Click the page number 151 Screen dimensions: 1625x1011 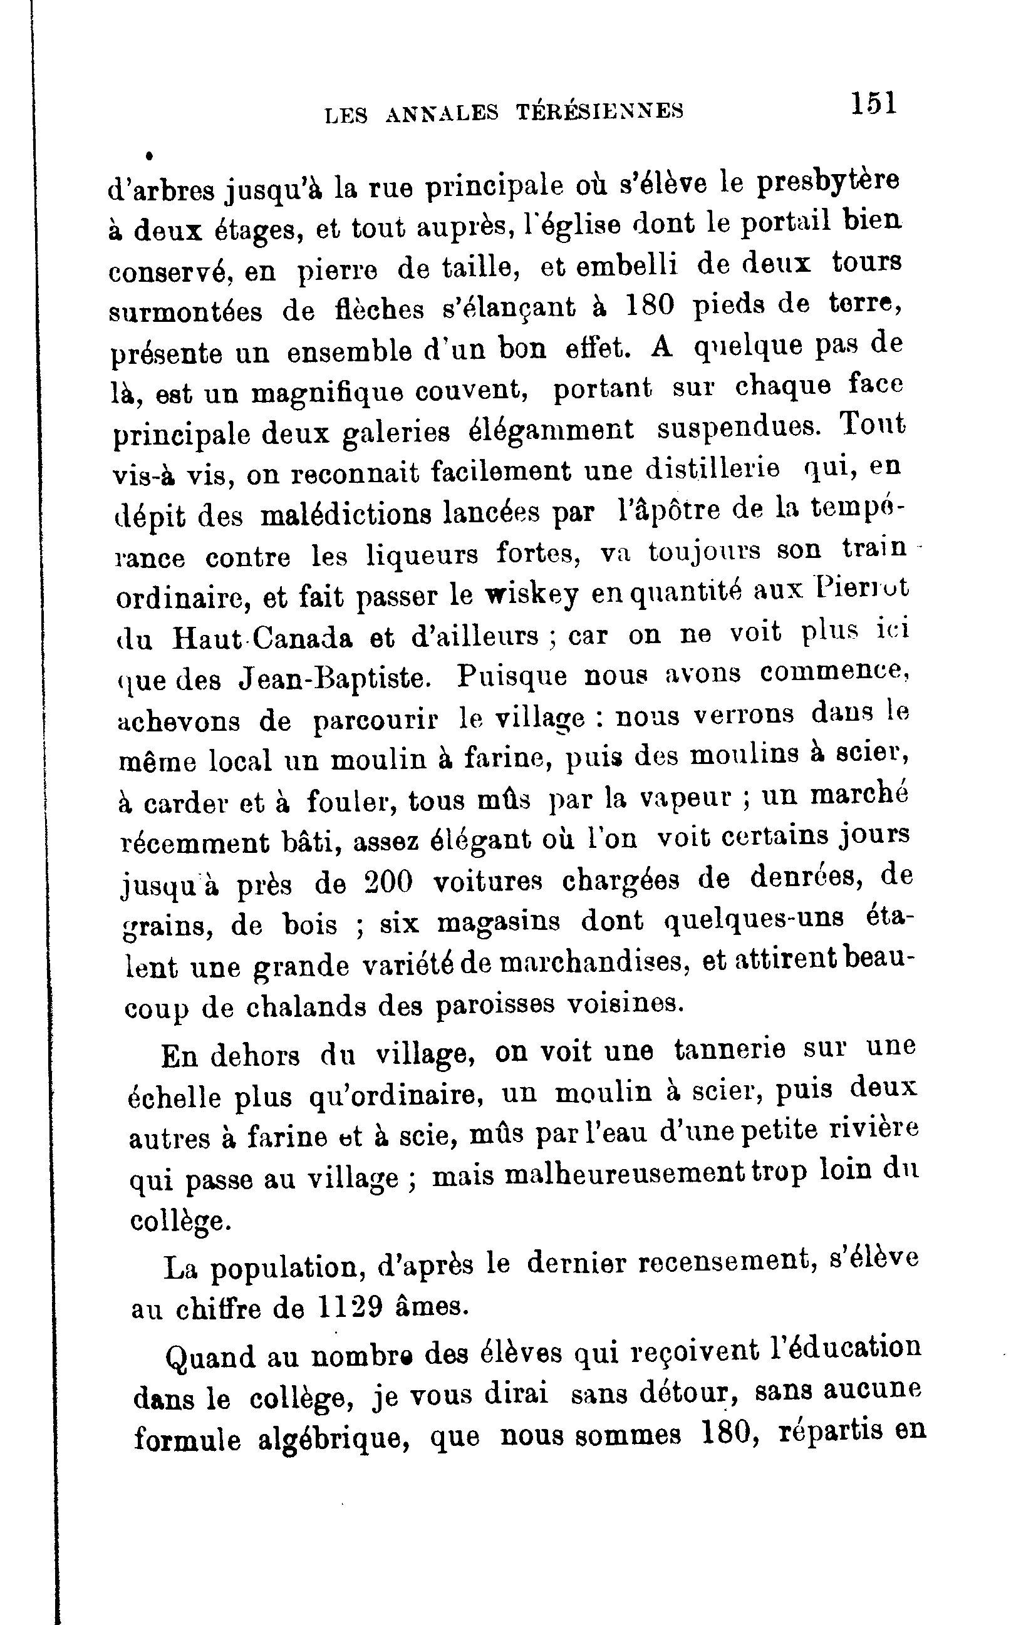[873, 105]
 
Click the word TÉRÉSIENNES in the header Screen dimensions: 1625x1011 [601, 111]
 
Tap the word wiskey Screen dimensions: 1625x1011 [531, 596]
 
